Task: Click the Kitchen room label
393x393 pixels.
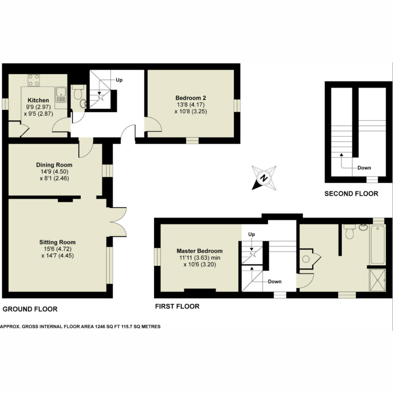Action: pos(38,100)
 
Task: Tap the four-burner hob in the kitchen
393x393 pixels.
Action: pos(34,80)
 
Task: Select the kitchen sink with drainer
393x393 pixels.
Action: pos(61,95)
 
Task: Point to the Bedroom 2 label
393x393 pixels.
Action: pos(190,98)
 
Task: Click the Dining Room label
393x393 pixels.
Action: pos(54,165)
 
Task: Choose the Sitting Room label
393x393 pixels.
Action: pos(58,242)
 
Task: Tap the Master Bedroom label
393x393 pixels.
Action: pos(200,251)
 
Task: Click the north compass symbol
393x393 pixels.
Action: pos(264,178)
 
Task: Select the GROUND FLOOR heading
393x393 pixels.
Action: pos(30,309)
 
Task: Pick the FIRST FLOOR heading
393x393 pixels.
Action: pos(177,306)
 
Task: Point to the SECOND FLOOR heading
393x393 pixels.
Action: pos(351,193)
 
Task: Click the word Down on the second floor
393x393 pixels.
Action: pos(364,168)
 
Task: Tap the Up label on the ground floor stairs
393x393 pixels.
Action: pos(119,80)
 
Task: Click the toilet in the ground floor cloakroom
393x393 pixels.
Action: pos(78,92)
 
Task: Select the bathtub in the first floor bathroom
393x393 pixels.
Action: pos(378,244)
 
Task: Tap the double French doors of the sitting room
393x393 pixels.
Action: pos(118,222)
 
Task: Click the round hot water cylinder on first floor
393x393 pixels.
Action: pos(306,259)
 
